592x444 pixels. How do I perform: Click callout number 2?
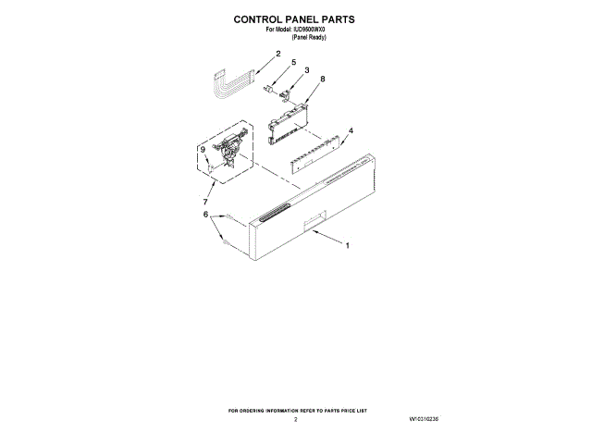coord(277,54)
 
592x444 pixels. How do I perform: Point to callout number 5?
coord(293,63)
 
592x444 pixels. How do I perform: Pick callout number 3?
coord(306,70)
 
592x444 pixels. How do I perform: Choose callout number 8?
coord(322,80)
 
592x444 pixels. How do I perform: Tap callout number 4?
coord(350,130)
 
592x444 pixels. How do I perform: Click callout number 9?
coord(203,149)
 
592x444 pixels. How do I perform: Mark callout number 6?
coord(205,215)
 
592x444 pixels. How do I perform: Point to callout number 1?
coord(347,247)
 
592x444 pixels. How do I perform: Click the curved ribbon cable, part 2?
coord(231,82)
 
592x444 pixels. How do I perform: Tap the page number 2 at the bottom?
coord(295,419)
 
